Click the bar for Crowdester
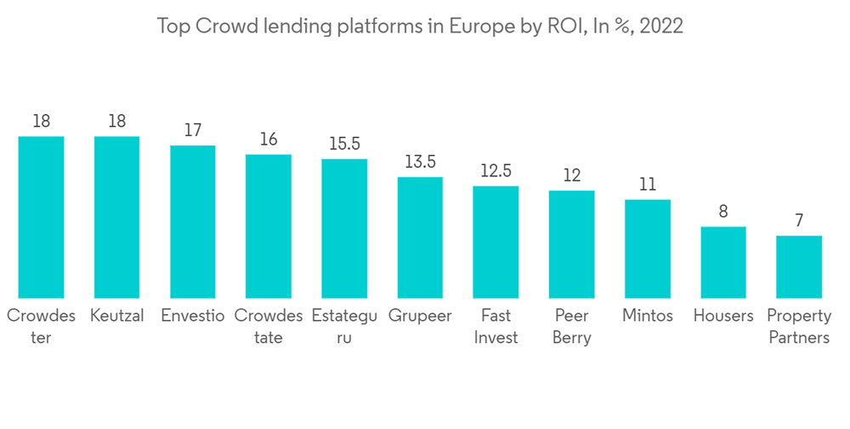point(41,216)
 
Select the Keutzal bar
point(116,216)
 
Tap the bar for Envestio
point(193,221)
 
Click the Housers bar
point(723,261)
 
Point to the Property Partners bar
point(799,266)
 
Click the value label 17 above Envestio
point(193,130)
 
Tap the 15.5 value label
point(344,144)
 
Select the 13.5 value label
point(420,162)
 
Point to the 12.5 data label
point(496,171)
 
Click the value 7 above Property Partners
point(799,220)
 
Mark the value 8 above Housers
point(723,211)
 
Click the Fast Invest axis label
point(496,326)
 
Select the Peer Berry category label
point(571,326)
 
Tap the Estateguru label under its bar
point(344,326)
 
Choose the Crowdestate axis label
point(269,326)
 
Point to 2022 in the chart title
point(660,26)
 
